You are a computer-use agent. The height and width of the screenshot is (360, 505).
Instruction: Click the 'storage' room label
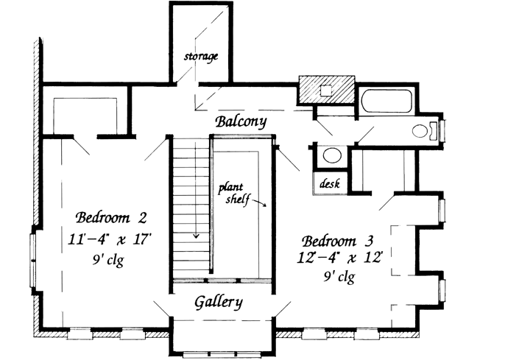(x=201, y=57)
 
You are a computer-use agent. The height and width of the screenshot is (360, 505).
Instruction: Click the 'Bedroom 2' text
(x=113, y=218)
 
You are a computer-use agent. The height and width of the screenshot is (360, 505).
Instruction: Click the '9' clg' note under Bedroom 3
(x=339, y=278)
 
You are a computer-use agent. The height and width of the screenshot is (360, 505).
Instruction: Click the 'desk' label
(x=330, y=184)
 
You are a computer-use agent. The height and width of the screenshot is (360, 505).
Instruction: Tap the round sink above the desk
(x=331, y=156)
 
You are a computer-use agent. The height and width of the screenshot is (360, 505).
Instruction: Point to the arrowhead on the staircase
(x=197, y=237)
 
